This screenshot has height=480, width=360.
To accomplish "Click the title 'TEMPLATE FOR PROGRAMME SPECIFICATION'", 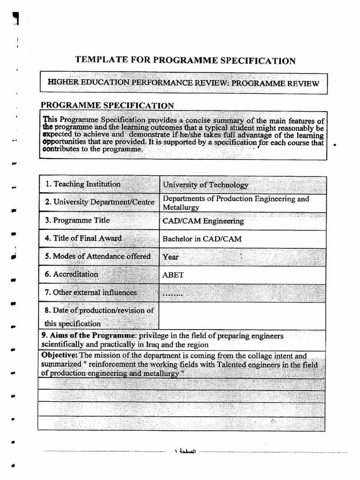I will coord(186,60).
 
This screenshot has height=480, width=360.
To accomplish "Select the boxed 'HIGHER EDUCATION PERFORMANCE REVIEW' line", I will coord(184,83).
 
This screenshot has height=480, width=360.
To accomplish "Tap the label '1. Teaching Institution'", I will coord(83,184).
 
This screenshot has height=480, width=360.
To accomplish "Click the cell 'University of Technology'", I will coord(205,185).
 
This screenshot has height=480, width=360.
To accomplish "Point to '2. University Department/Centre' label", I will coord(100,202).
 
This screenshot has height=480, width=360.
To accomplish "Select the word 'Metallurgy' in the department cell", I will coord(181,207).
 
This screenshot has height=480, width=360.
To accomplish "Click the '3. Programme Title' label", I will coord(77,220).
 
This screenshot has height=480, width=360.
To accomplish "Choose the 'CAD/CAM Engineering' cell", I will coord(203,221).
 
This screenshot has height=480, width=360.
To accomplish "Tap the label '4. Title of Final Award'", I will coord(83,238).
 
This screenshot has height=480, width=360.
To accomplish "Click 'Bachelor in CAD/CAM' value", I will coord(202,239).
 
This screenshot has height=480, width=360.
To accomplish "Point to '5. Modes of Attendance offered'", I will coord(98,256).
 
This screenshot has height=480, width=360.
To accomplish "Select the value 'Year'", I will coord(171,257).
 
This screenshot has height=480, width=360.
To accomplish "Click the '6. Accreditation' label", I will coord(72,274).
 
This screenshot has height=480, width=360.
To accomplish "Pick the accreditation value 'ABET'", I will coord(173,275).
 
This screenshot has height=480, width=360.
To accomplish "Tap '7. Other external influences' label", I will coord(91,292).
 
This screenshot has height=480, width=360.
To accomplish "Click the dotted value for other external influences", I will coord(172,294).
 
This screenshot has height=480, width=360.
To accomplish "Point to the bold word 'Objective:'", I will coord(60,356).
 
